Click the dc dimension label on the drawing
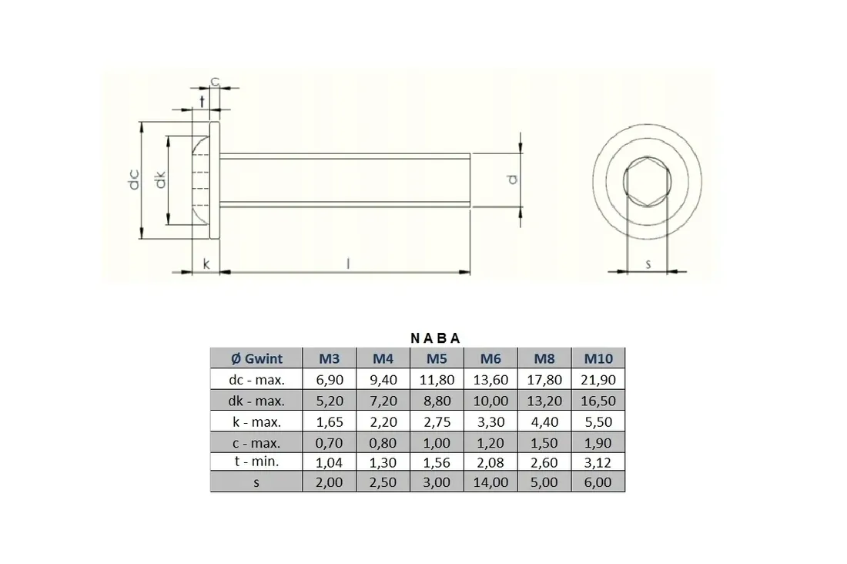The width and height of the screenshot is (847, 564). (x=134, y=180)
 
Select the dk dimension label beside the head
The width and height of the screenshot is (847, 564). (x=160, y=180)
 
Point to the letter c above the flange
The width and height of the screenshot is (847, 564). (x=215, y=82)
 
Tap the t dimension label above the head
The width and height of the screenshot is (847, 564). (x=203, y=101)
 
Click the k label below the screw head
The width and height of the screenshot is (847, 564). (x=206, y=264)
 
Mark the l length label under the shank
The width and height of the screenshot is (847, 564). (x=348, y=264)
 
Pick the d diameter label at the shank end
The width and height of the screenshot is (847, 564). (x=513, y=179)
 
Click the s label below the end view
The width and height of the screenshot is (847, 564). (x=648, y=264)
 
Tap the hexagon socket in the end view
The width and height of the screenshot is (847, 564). (x=647, y=182)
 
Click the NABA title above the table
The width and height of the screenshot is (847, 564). (x=435, y=338)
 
